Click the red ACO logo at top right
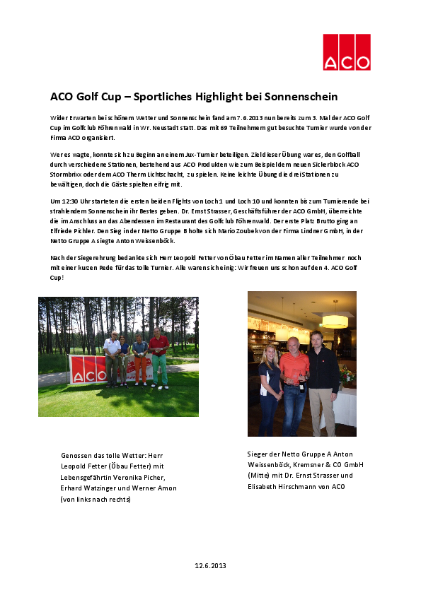pos(347,52)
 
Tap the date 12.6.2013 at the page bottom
pos(210,565)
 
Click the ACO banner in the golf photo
pos(86,370)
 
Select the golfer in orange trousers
pos(140,360)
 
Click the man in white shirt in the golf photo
pos(112,357)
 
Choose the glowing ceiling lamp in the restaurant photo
pos(334,322)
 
